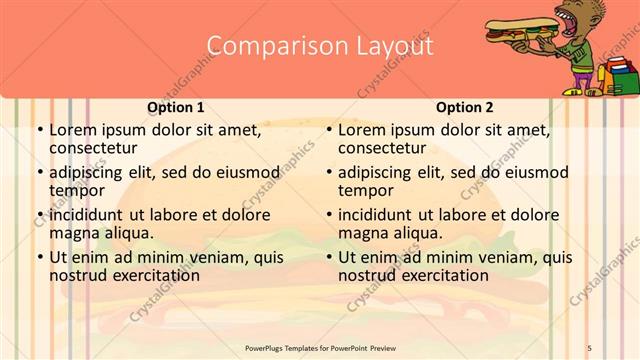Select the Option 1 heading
(176, 107)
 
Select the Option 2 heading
(465, 107)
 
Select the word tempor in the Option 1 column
(73, 190)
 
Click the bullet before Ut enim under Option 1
(39, 257)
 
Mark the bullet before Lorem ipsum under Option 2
(328, 130)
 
